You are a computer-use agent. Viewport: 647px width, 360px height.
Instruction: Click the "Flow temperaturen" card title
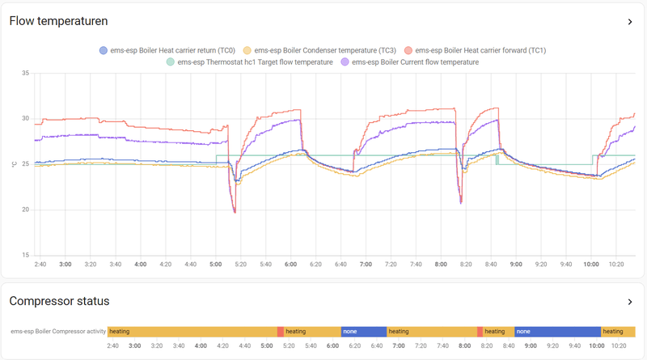58,21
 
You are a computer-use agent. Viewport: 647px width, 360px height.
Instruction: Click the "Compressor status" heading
59,302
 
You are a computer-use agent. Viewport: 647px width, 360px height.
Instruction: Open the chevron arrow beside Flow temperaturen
630,22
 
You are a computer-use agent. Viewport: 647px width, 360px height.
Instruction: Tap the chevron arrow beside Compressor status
630,302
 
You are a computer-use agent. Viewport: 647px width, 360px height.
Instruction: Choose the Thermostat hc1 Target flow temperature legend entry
249,61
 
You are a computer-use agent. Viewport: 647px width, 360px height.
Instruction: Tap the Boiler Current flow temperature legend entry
410,61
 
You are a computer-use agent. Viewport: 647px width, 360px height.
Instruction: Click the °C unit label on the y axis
13,165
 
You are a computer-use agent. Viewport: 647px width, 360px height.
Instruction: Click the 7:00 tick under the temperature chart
366,264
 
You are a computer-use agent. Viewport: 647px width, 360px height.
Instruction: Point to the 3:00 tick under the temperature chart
65,264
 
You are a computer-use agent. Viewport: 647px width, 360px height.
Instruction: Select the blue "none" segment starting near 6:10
362,331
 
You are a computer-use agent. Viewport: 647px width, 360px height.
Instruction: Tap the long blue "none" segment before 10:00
557,331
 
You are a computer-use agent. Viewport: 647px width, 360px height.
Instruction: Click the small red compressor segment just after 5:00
280,331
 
